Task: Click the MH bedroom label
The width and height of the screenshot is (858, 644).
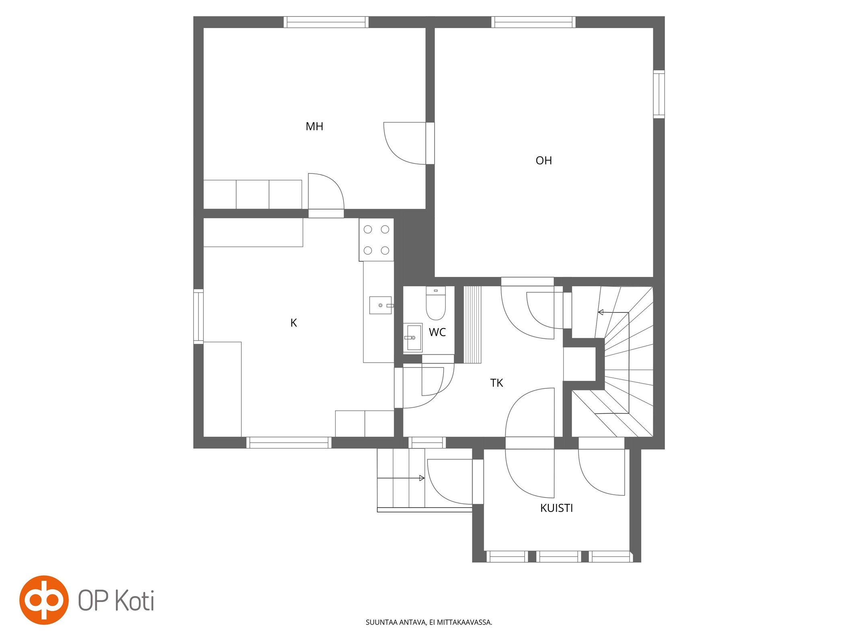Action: pyautogui.click(x=314, y=126)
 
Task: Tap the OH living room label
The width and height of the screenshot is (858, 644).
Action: pyautogui.click(x=543, y=161)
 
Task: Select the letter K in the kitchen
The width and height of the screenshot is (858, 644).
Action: pyautogui.click(x=294, y=323)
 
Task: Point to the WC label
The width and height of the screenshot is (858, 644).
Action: pyautogui.click(x=437, y=332)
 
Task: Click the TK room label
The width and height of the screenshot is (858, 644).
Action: pyautogui.click(x=496, y=383)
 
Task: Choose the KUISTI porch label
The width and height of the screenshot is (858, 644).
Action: pyautogui.click(x=556, y=508)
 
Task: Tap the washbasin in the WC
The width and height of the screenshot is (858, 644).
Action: pyautogui.click(x=413, y=337)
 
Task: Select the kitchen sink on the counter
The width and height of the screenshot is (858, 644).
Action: pyautogui.click(x=381, y=305)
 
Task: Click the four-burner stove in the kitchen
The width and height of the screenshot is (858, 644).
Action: pyautogui.click(x=376, y=240)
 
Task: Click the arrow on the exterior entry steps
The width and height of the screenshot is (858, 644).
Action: pyautogui.click(x=401, y=478)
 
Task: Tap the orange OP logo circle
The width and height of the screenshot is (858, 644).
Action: pyautogui.click(x=44, y=600)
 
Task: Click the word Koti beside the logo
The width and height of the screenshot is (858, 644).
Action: pyautogui.click(x=135, y=601)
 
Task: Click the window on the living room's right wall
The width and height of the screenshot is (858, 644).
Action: pyautogui.click(x=658, y=94)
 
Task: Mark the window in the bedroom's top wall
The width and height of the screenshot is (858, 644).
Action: pyautogui.click(x=326, y=22)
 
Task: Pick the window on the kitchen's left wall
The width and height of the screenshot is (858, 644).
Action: pyautogui.click(x=198, y=316)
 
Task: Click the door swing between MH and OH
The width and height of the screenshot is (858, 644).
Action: pyautogui.click(x=405, y=143)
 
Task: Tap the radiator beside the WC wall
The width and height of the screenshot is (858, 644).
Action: pyautogui.click(x=473, y=324)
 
